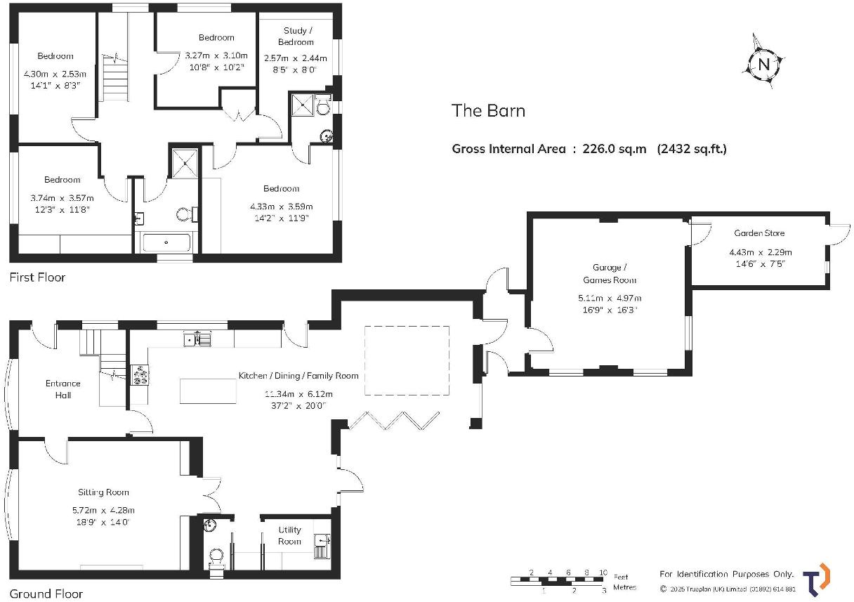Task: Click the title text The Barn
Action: point(488,110)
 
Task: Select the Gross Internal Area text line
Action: point(589,148)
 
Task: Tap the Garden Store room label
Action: point(759,233)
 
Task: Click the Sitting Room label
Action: point(103,492)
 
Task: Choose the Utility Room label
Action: point(289,535)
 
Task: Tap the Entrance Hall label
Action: point(63,389)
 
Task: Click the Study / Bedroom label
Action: point(298,36)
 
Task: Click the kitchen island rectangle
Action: point(208,391)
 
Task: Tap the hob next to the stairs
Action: point(139,376)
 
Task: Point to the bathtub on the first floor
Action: point(166,243)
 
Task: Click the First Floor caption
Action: point(37,277)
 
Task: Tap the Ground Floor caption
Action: point(46,594)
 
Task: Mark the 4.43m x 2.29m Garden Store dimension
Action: point(760,252)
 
